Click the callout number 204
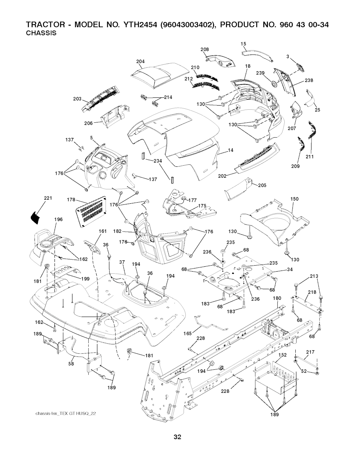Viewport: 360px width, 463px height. [140, 62]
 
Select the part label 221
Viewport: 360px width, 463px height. [48, 198]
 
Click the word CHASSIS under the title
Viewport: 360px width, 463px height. [41, 33]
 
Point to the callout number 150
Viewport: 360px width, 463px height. [294, 199]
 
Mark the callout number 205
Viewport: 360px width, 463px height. [262, 186]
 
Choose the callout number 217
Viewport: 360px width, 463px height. [310, 352]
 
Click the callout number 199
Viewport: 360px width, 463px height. [85, 279]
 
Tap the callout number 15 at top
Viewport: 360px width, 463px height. [243, 44]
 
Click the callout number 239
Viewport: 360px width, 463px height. [260, 73]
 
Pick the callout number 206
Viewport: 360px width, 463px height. [89, 123]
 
